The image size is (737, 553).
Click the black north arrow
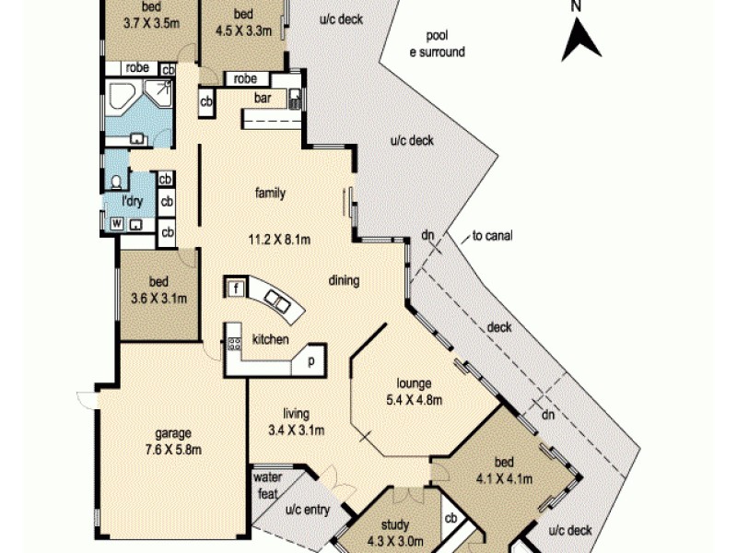click(581, 38)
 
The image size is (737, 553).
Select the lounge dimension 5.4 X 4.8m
click(415, 400)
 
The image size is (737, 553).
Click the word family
click(270, 194)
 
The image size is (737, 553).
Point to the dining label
click(344, 282)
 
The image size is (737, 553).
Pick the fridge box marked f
click(236, 288)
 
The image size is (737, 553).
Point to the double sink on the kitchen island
click(275, 297)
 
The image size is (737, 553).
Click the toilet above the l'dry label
click(117, 182)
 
